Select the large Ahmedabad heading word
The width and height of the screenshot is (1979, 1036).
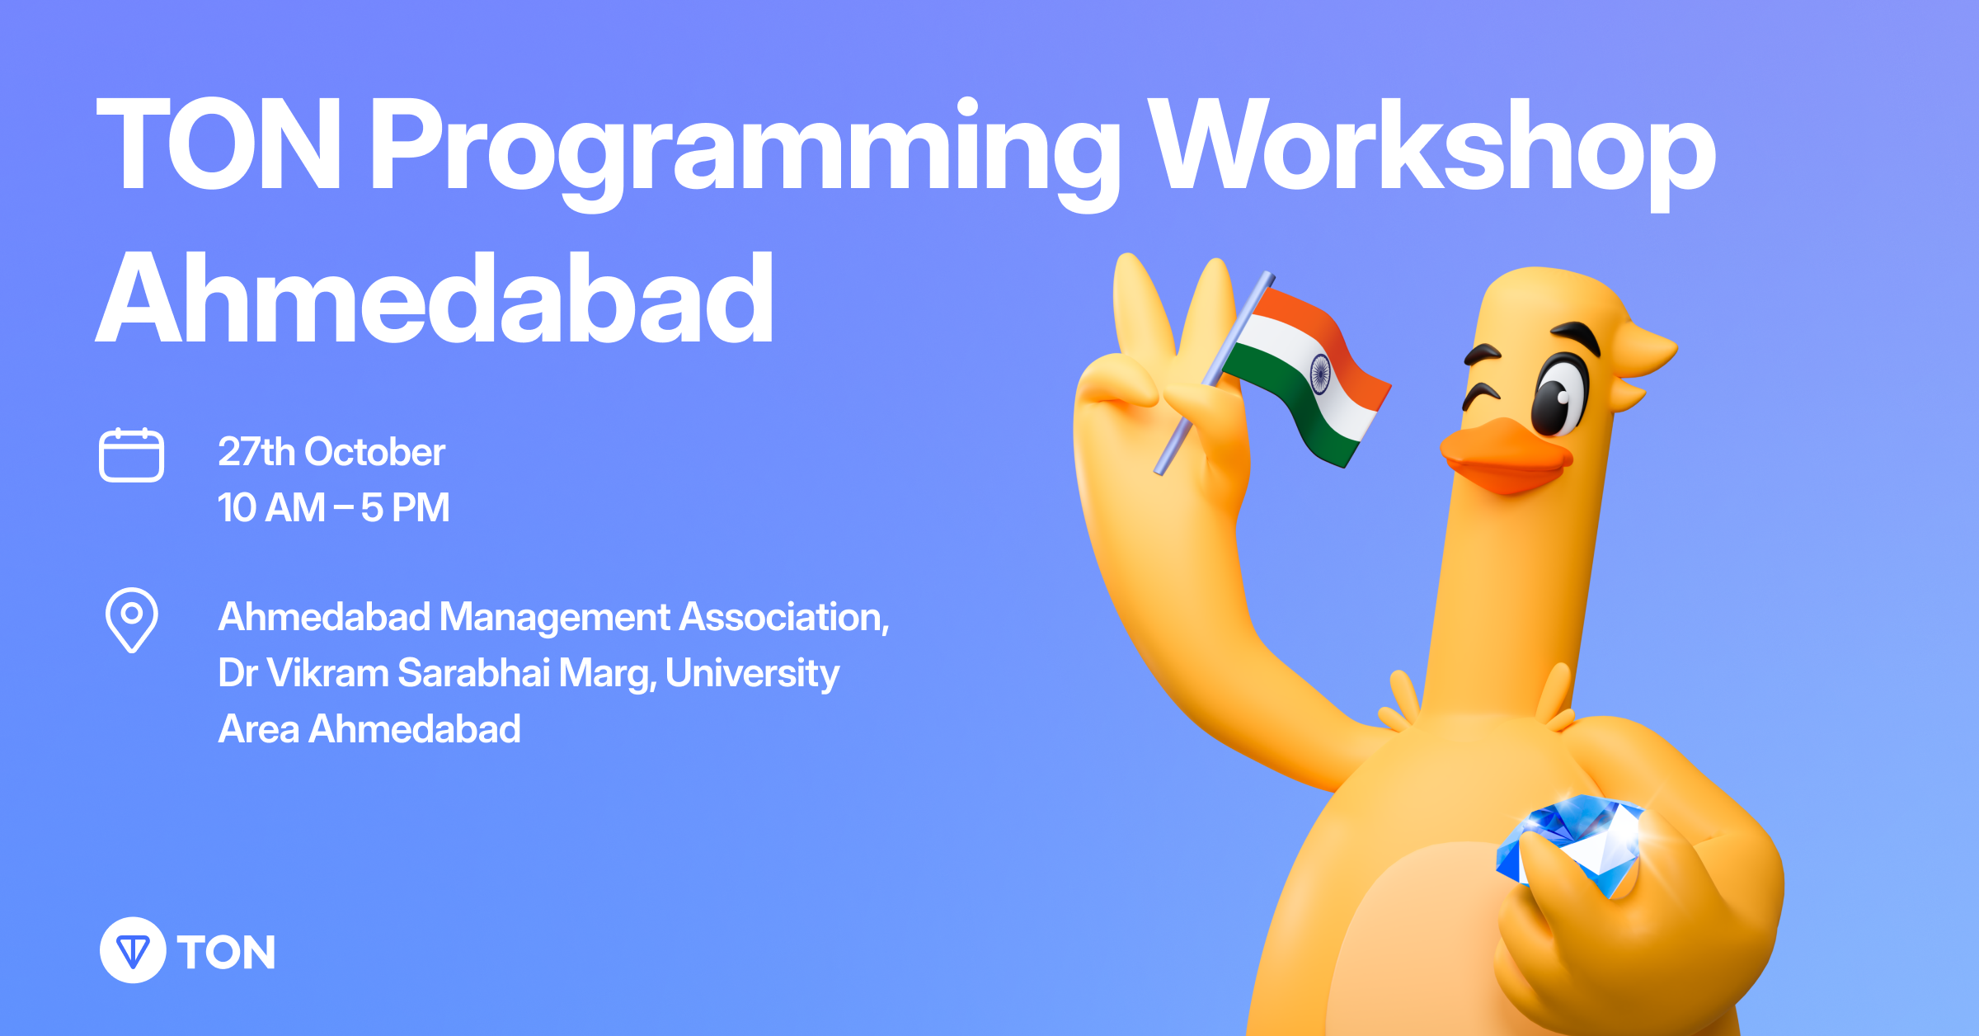pos(435,298)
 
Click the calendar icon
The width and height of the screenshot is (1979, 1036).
pos(131,454)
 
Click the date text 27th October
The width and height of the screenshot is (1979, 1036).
pos(331,452)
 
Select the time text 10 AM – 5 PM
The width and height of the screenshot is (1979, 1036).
pos(334,507)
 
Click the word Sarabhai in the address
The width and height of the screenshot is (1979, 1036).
pos(473,672)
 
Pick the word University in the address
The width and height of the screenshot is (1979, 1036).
pos(752,674)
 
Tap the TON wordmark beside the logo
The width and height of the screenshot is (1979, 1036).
pos(226,953)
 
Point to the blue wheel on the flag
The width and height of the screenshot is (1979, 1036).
pos(1320,374)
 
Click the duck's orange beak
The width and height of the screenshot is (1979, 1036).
pos(1506,455)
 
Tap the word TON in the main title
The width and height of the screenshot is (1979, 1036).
pos(219,144)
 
